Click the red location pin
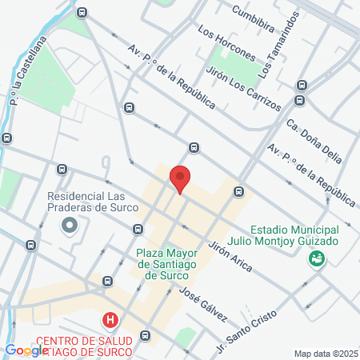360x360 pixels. click(x=179, y=178)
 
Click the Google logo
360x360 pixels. click(x=26, y=350)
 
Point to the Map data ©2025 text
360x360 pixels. click(x=326, y=354)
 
